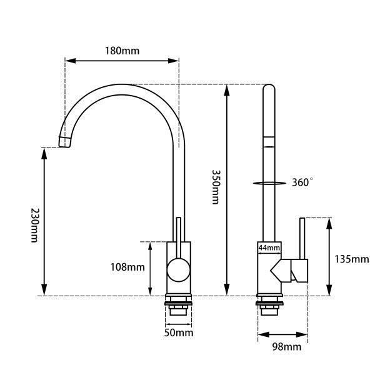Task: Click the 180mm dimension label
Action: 122,51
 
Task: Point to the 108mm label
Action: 127,267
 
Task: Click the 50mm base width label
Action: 179,333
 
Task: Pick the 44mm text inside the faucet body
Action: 269,248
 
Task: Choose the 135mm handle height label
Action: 352,259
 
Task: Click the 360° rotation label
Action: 302,182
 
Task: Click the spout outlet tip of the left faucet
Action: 64,142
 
